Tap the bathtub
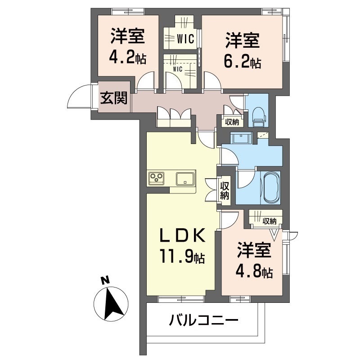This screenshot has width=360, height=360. tap(271, 187)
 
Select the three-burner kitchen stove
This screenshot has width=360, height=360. tap(157, 177)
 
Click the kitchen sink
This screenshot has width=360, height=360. tap(185, 178)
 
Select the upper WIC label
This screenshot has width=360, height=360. tap(184, 40)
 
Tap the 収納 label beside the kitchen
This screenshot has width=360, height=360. tap(225, 190)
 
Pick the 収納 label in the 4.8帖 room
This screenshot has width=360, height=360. tap(270, 221)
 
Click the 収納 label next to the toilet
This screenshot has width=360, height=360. tap(232, 121)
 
